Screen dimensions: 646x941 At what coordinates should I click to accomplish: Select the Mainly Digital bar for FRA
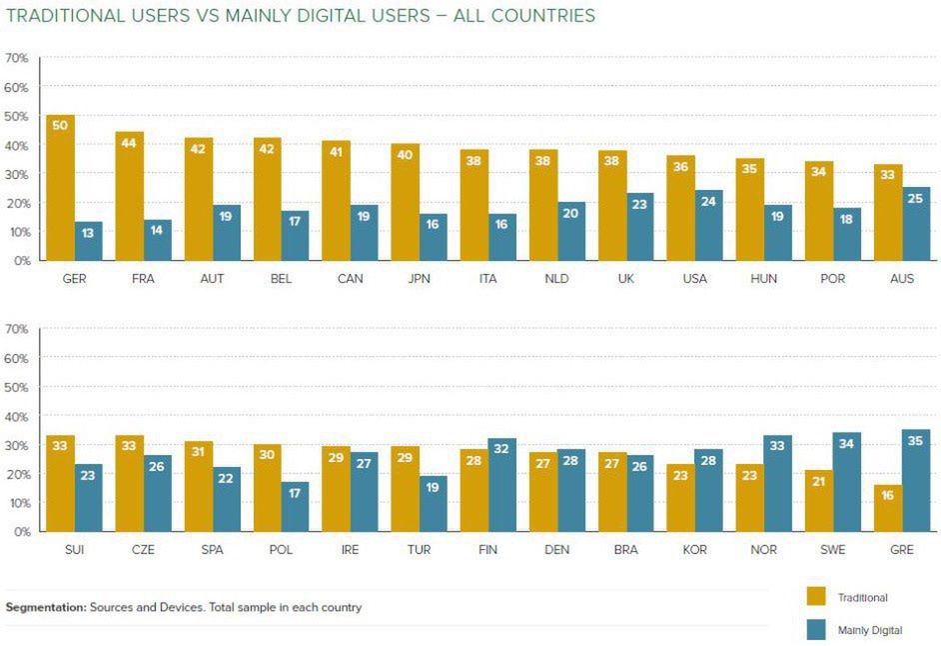click(x=157, y=240)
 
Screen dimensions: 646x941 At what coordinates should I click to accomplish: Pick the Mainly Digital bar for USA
click(x=709, y=225)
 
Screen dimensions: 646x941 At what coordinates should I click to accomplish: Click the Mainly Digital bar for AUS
click(x=916, y=224)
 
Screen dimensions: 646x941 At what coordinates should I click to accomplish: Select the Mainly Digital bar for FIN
click(x=502, y=485)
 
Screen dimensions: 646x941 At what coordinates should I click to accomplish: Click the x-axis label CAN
click(x=350, y=279)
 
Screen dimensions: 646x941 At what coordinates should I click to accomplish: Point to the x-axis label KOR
click(x=694, y=550)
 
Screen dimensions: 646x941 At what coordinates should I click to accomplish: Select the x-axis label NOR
click(x=763, y=550)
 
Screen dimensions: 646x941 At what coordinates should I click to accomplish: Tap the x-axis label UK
click(x=625, y=279)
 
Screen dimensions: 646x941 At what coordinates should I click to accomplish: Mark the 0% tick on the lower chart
click(x=20, y=532)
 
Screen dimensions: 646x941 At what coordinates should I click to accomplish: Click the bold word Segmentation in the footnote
click(x=46, y=607)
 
